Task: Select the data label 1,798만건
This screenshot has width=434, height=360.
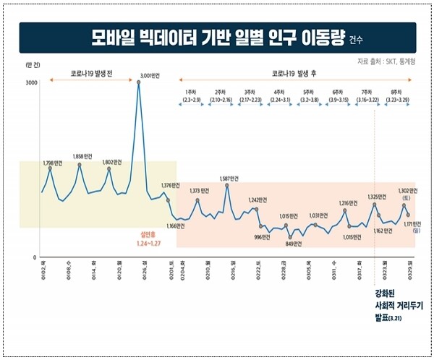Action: tap(54, 163)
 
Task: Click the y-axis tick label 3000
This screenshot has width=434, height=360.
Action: tap(31, 83)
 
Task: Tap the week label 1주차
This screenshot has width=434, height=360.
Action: tap(191, 93)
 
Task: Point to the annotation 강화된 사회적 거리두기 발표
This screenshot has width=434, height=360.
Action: tap(389, 307)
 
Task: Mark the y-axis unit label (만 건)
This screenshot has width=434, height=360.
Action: tap(34, 66)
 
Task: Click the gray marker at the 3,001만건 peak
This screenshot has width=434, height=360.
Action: tap(138, 82)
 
